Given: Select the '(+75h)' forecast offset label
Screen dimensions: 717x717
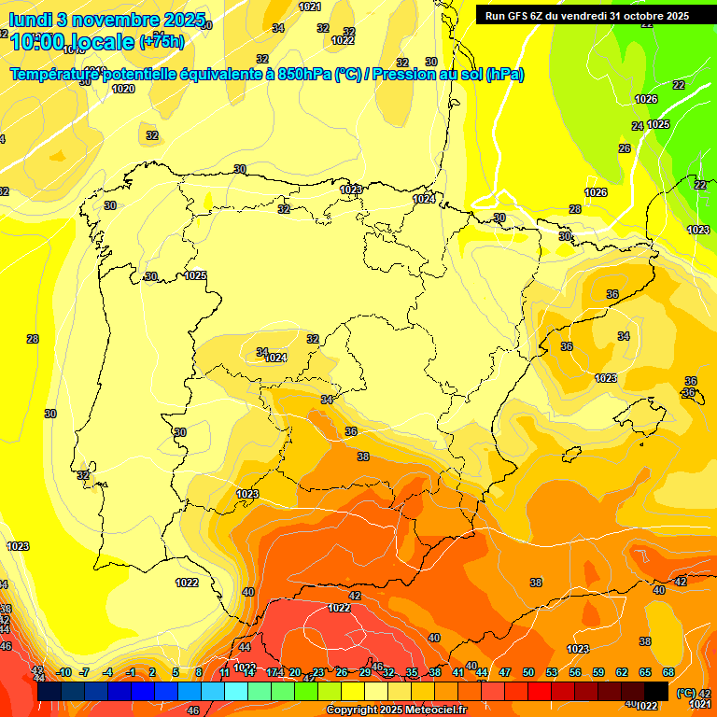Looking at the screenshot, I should (162, 41).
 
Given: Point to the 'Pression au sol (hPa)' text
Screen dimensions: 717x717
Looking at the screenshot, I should (447, 75).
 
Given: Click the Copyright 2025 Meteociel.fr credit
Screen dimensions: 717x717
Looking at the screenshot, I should (396, 710).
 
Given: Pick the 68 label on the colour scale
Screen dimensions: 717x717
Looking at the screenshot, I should (668, 672).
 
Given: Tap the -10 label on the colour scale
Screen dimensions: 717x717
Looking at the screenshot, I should (63, 672).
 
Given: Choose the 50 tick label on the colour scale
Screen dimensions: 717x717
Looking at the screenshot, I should (528, 672).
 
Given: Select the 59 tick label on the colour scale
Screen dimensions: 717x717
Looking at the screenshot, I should (598, 672).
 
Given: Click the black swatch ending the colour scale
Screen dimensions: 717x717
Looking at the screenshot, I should (657, 691).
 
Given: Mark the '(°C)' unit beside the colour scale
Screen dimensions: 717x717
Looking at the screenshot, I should (685, 693).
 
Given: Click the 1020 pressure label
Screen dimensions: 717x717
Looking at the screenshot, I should (123, 90).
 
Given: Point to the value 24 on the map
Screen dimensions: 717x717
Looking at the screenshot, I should (638, 126).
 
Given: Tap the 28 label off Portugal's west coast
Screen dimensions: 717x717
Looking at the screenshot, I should (33, 339).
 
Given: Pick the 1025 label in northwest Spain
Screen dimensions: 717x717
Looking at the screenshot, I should (195, 275).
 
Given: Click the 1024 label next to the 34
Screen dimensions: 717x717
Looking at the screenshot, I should (275, 358).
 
